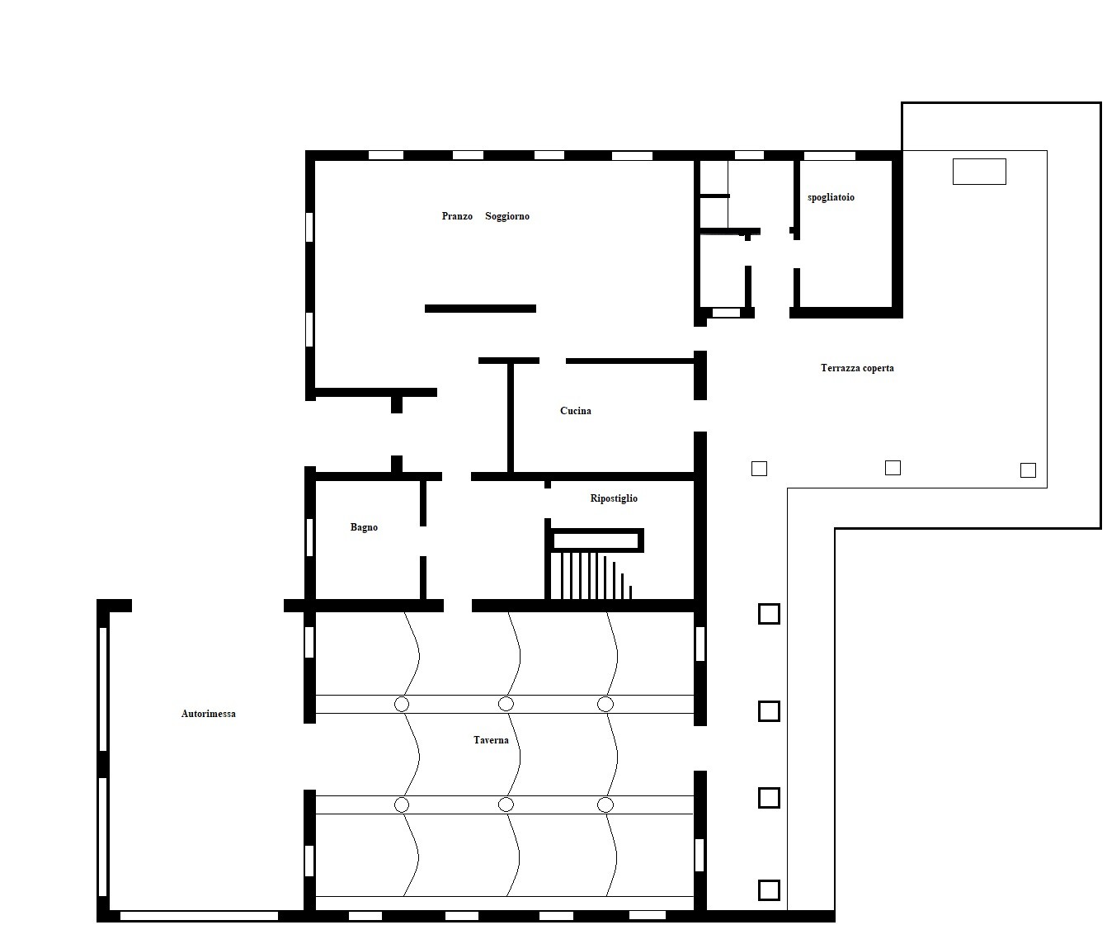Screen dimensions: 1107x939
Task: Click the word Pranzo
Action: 457,216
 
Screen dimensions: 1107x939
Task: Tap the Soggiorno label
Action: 507,216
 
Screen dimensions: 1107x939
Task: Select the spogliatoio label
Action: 831,198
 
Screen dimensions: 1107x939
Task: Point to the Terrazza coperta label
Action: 857,368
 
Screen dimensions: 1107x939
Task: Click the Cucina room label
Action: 576,411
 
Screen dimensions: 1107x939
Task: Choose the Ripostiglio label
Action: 614,498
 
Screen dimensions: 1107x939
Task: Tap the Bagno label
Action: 364,527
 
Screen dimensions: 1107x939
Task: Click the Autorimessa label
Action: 209,714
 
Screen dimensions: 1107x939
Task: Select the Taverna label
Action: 491,740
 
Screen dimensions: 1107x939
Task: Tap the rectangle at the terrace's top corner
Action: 979,172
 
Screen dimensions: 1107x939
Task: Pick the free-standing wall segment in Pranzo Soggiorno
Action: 480,309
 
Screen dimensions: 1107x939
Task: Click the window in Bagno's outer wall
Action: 309,537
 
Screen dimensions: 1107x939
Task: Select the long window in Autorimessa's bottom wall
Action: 199,916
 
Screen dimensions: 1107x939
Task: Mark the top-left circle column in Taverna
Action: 402,704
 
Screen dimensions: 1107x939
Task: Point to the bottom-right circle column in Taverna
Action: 605,805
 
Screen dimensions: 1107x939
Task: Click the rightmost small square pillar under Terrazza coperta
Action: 1028,469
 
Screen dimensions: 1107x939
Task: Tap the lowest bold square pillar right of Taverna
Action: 769,890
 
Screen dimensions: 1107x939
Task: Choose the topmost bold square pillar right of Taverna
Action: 769,614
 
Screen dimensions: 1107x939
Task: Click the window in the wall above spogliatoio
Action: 830,155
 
